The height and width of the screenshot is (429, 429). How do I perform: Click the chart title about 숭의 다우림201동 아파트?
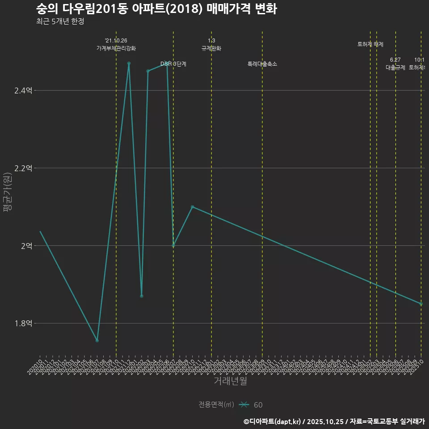tap(156, 9)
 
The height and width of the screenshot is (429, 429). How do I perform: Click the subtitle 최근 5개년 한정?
tap(60, 21)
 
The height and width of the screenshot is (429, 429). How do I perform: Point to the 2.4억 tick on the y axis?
tap(23, 91)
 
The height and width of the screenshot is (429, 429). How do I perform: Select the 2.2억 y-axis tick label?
tap(23, 168)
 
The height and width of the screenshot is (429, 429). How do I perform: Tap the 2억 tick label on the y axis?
tap(26, 246)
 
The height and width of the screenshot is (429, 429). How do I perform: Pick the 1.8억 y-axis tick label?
tap(23, 323)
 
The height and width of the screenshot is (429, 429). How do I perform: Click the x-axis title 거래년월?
tap(230, 381)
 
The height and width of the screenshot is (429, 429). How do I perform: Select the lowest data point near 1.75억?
tap(97, 341)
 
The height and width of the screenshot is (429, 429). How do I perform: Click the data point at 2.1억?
tap(192, 206)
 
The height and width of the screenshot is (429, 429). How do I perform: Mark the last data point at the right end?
tap(421, 304)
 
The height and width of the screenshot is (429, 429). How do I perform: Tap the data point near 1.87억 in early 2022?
tap(142, 296)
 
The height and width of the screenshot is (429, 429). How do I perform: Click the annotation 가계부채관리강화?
tap(116, 48)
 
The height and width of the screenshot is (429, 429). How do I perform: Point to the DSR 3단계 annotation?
tap(173, 64)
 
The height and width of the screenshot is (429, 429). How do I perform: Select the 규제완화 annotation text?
tap(211, 48)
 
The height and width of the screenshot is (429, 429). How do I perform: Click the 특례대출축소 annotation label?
tap(262, 64)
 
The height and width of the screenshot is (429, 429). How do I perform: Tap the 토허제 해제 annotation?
tap(370, 44)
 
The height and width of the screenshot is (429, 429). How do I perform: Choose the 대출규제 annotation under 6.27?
tap(395, 67)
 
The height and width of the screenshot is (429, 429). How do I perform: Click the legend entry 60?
tap(258, 405)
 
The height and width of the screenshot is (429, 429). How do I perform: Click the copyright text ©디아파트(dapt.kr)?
tap(273, 421)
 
